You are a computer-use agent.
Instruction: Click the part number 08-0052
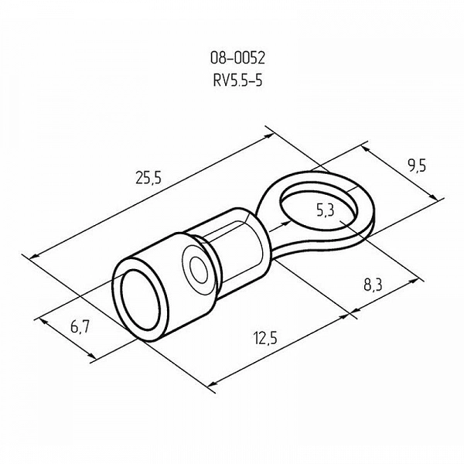(237, 58)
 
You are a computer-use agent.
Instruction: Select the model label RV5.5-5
(237, 80)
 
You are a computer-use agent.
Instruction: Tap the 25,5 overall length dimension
(148, 178)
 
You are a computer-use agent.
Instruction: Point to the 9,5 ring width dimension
(416, 166)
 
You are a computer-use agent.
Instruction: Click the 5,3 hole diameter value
(325, 210)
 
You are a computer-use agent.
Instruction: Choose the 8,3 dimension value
(373, 285)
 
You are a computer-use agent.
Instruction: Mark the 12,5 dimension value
(265, 338)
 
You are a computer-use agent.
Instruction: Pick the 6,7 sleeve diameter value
(80, 327)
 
